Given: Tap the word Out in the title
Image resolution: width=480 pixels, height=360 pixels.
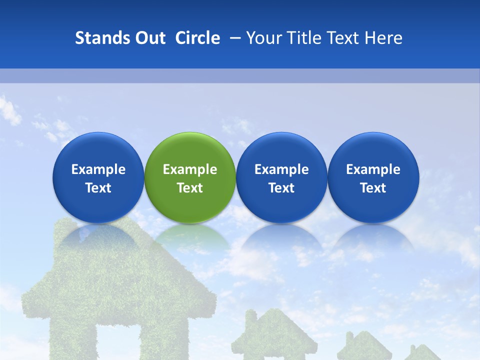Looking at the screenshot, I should (x=149, y=38).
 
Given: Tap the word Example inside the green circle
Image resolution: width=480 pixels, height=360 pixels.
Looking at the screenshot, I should (x=190, y=169).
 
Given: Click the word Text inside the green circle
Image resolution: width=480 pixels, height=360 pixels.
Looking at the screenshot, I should (x=190, y=188).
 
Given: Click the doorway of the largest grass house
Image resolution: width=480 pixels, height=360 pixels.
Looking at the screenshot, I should (x=120, y=345).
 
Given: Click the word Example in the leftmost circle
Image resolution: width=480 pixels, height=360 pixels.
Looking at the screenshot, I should (x=98, y=169).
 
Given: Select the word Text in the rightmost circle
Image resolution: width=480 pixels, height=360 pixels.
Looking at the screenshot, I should (x=373, y=188).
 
